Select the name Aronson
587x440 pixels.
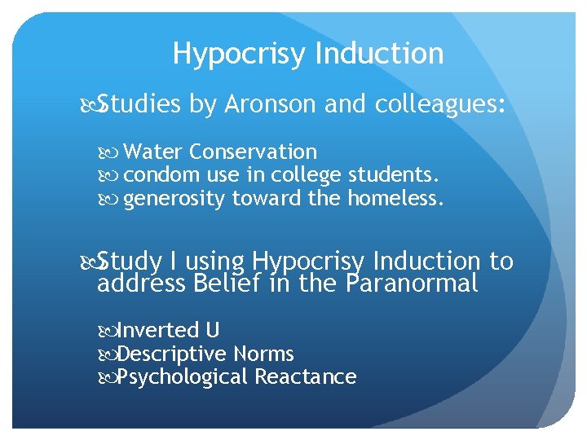271,104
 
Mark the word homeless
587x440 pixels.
396,199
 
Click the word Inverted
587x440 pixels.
159,330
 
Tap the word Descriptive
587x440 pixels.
172,354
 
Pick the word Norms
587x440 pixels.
263,354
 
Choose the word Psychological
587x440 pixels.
183,377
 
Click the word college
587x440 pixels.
310,175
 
